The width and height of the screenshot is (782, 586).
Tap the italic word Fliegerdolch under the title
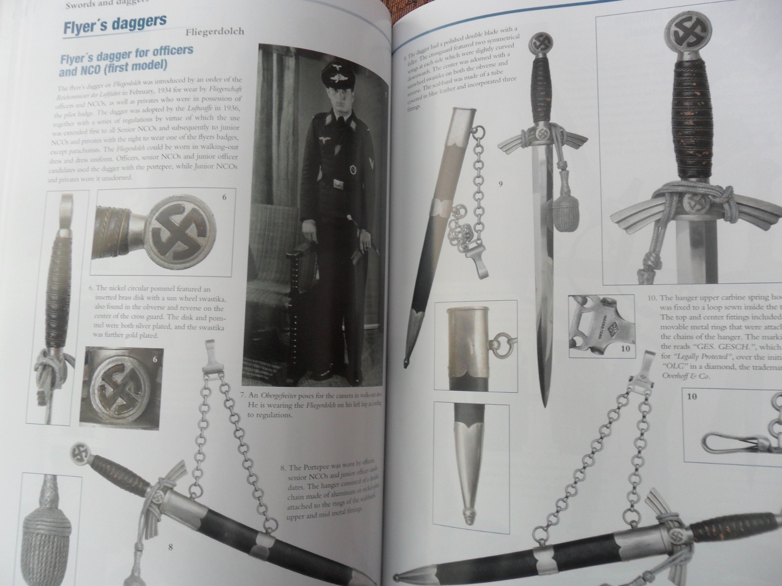click(215, 33)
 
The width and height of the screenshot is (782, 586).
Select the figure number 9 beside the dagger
click(500, 184)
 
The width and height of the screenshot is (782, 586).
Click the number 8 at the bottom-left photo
click(170, 547)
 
